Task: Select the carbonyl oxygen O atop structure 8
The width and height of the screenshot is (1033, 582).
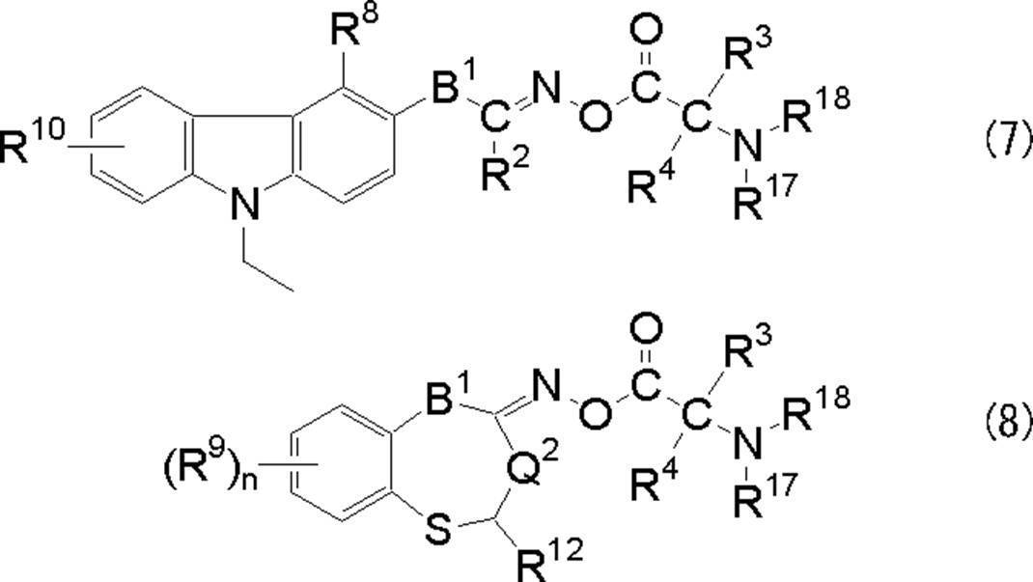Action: tap(650, 332)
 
